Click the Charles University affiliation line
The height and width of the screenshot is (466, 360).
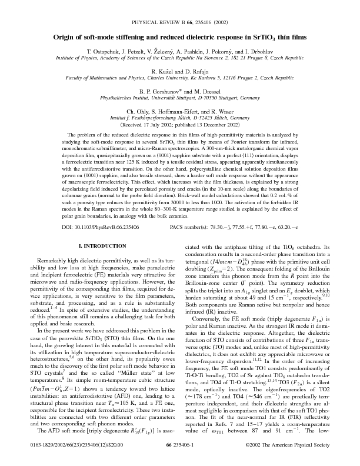pos(179,78)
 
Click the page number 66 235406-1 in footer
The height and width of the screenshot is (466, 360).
pos(180,455)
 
